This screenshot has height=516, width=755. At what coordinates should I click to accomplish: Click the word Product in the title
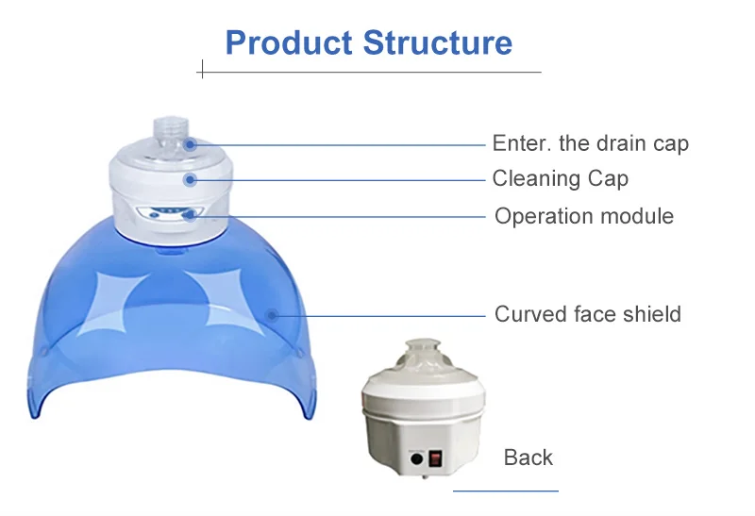[289, 42]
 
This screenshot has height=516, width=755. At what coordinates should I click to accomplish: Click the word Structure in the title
[438, 42]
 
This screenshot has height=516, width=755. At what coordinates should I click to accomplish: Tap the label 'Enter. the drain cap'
[591, 143]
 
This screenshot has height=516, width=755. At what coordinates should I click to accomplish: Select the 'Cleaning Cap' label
[560, 178]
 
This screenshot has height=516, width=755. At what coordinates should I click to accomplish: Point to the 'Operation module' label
[584, 216]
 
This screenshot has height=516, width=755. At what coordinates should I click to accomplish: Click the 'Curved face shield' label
[587, 314]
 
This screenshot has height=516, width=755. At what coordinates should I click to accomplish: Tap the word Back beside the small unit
[528, 458]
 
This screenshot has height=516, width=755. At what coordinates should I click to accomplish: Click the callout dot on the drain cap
[191, 144]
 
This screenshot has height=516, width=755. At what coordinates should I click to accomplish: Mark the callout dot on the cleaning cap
[191, 180]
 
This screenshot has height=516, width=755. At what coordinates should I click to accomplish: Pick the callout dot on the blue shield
[272, 315]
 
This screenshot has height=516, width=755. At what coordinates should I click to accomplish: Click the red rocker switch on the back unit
[435, 458]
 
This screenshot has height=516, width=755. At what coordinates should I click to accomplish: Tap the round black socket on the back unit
[416, 459]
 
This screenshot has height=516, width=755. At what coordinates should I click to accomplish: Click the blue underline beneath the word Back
[506, 491]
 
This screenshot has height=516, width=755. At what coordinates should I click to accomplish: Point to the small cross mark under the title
[202, 69]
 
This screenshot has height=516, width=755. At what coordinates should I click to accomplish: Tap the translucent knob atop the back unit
[423, 348]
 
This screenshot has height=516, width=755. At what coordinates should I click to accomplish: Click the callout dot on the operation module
[191, 215]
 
